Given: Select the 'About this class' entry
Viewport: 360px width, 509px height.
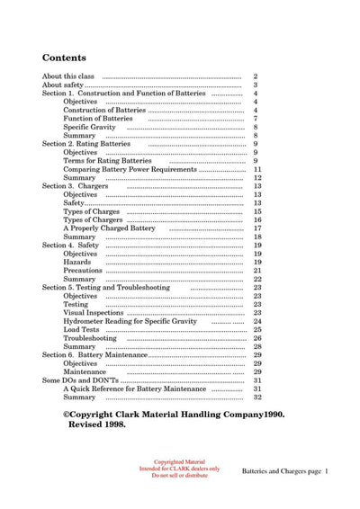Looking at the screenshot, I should coord(69,76).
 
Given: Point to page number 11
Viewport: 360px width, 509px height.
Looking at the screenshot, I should coord(257,169).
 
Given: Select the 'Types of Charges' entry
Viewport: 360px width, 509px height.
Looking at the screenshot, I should coord(93,211).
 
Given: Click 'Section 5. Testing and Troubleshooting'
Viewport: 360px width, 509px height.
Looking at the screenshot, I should coord(112,287).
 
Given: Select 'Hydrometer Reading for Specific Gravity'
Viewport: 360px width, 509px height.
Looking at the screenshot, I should coord(130,321).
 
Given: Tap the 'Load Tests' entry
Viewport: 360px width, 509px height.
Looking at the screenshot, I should coord(81,329).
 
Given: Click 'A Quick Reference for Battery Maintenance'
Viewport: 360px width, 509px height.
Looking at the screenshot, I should coord(134,388).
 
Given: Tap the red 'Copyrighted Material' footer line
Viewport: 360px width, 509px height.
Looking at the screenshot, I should coord(180,463).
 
